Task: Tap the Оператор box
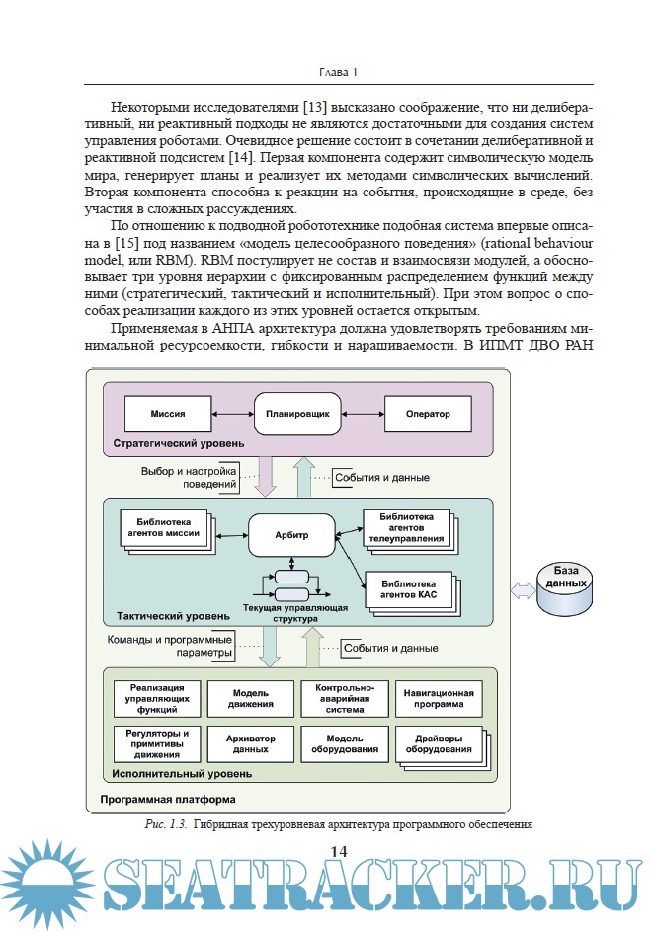pos(427,412)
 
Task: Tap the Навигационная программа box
pos(439,699)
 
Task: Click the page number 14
pos(338,851)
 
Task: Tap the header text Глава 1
pos(339,72)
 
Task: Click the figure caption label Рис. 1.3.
pos(165,822)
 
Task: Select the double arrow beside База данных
pos(520,589)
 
